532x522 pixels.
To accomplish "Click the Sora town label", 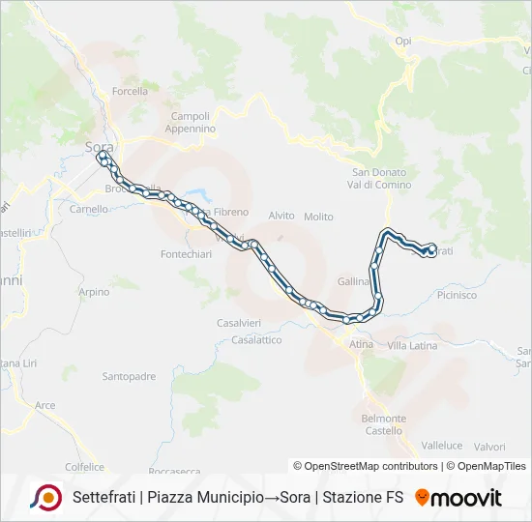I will coord(99,147).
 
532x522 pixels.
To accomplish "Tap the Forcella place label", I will coord(130,92).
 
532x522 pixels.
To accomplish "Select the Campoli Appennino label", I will coord(190,122).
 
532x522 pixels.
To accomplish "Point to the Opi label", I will coord(404,41).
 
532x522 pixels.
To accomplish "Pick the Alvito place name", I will coord(281,217).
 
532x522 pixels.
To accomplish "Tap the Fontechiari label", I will coord(179,254).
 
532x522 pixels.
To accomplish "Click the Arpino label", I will coord(94,292).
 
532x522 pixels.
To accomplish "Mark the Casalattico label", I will coord(256,340).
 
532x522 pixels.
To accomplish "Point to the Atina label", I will coord(361,344).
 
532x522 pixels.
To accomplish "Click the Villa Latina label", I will coord(412,345).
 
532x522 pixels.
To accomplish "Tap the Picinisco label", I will coord(457,296).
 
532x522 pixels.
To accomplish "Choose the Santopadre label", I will coord(129,377).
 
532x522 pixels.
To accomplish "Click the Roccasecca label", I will coord(175,472).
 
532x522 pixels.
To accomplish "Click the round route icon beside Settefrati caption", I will coord(44,498).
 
